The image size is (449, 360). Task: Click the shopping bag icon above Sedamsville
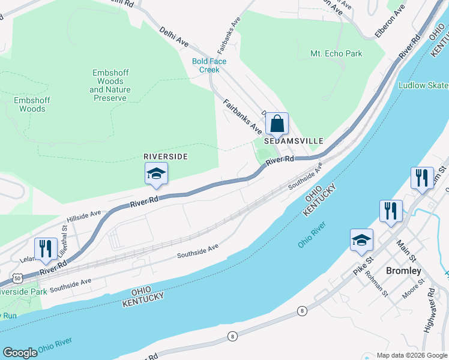coord(277,124)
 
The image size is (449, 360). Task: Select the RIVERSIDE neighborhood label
coord(166,156)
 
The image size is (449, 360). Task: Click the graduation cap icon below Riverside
coord(156,173)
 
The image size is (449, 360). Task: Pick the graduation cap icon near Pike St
coord(361,240)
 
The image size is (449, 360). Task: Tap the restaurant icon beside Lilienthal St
coord(46,248)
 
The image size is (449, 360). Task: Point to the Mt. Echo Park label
coord(336,53)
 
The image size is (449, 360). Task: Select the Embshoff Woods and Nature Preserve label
coord(110,85)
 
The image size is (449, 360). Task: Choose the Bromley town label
coord(403,271)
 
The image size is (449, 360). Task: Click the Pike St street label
coord(363,265)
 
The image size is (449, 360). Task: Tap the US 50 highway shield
coord(17,279)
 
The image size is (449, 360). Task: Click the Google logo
coord(20,352)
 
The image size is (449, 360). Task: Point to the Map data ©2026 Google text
coord(411,355)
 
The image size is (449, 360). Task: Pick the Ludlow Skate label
coord(423,85)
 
